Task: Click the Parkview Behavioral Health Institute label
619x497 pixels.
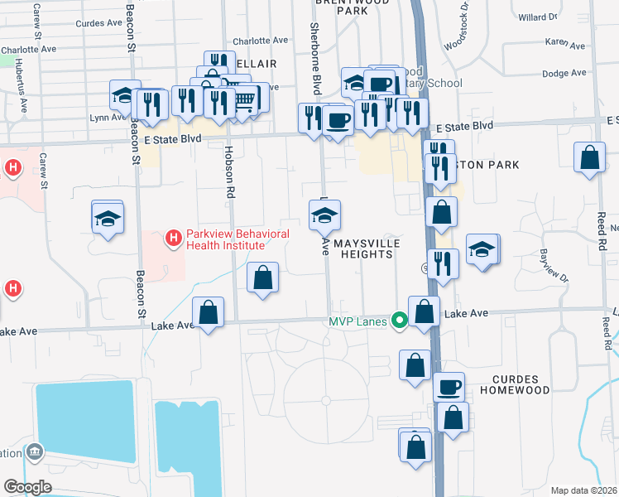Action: tap(226, 240)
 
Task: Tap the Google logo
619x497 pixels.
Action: tap(27, 487)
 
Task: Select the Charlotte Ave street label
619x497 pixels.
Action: tap(260, 40)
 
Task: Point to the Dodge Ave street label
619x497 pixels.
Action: tap(562, 73)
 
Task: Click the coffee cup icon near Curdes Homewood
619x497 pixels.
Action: tap(449, 387)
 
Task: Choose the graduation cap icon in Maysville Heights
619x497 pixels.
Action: tap(324, 216)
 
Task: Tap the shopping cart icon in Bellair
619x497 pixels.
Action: tap(243, 100)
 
